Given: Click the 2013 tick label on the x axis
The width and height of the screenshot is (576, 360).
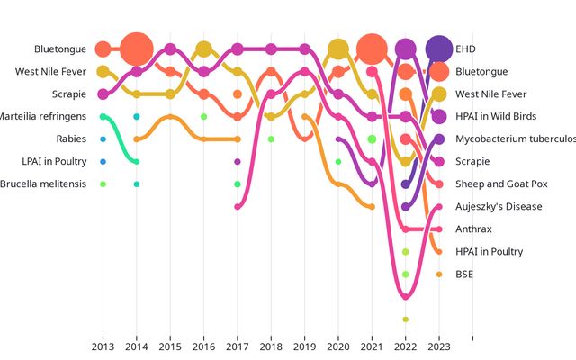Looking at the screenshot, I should point(103,346).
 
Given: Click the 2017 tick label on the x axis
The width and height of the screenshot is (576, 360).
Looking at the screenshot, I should point(238,346).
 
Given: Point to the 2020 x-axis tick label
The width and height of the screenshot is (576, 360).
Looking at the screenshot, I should point(338,346).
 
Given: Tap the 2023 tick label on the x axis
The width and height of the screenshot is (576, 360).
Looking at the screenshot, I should point(439,346).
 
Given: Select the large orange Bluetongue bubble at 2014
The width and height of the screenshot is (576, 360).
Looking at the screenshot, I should point(137,49).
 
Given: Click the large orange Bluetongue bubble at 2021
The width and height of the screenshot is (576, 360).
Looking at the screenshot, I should point(372,49).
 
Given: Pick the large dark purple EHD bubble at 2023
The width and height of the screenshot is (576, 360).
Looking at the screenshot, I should point(439,49).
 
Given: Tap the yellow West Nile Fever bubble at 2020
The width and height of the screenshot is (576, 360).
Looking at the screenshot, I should point(338,49).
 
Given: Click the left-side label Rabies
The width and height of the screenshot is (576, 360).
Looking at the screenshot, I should point(71,139).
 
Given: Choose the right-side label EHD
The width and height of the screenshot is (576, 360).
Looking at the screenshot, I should point(466,49).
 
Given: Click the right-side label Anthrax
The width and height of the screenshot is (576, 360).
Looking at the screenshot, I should point(473,229).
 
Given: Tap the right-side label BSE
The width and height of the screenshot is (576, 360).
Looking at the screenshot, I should point(464,274).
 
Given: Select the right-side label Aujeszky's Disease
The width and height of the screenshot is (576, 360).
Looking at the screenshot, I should point(499,206).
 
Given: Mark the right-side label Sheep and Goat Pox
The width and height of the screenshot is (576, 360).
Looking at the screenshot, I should point(500,184).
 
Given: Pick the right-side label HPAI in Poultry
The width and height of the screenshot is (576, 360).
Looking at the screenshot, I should point(489,251).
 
